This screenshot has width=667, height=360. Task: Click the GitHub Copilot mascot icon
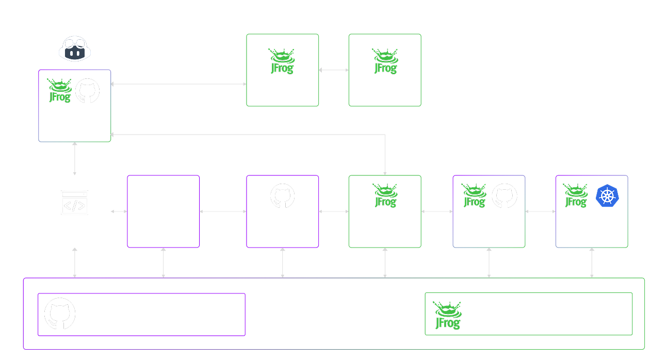(75, 48)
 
